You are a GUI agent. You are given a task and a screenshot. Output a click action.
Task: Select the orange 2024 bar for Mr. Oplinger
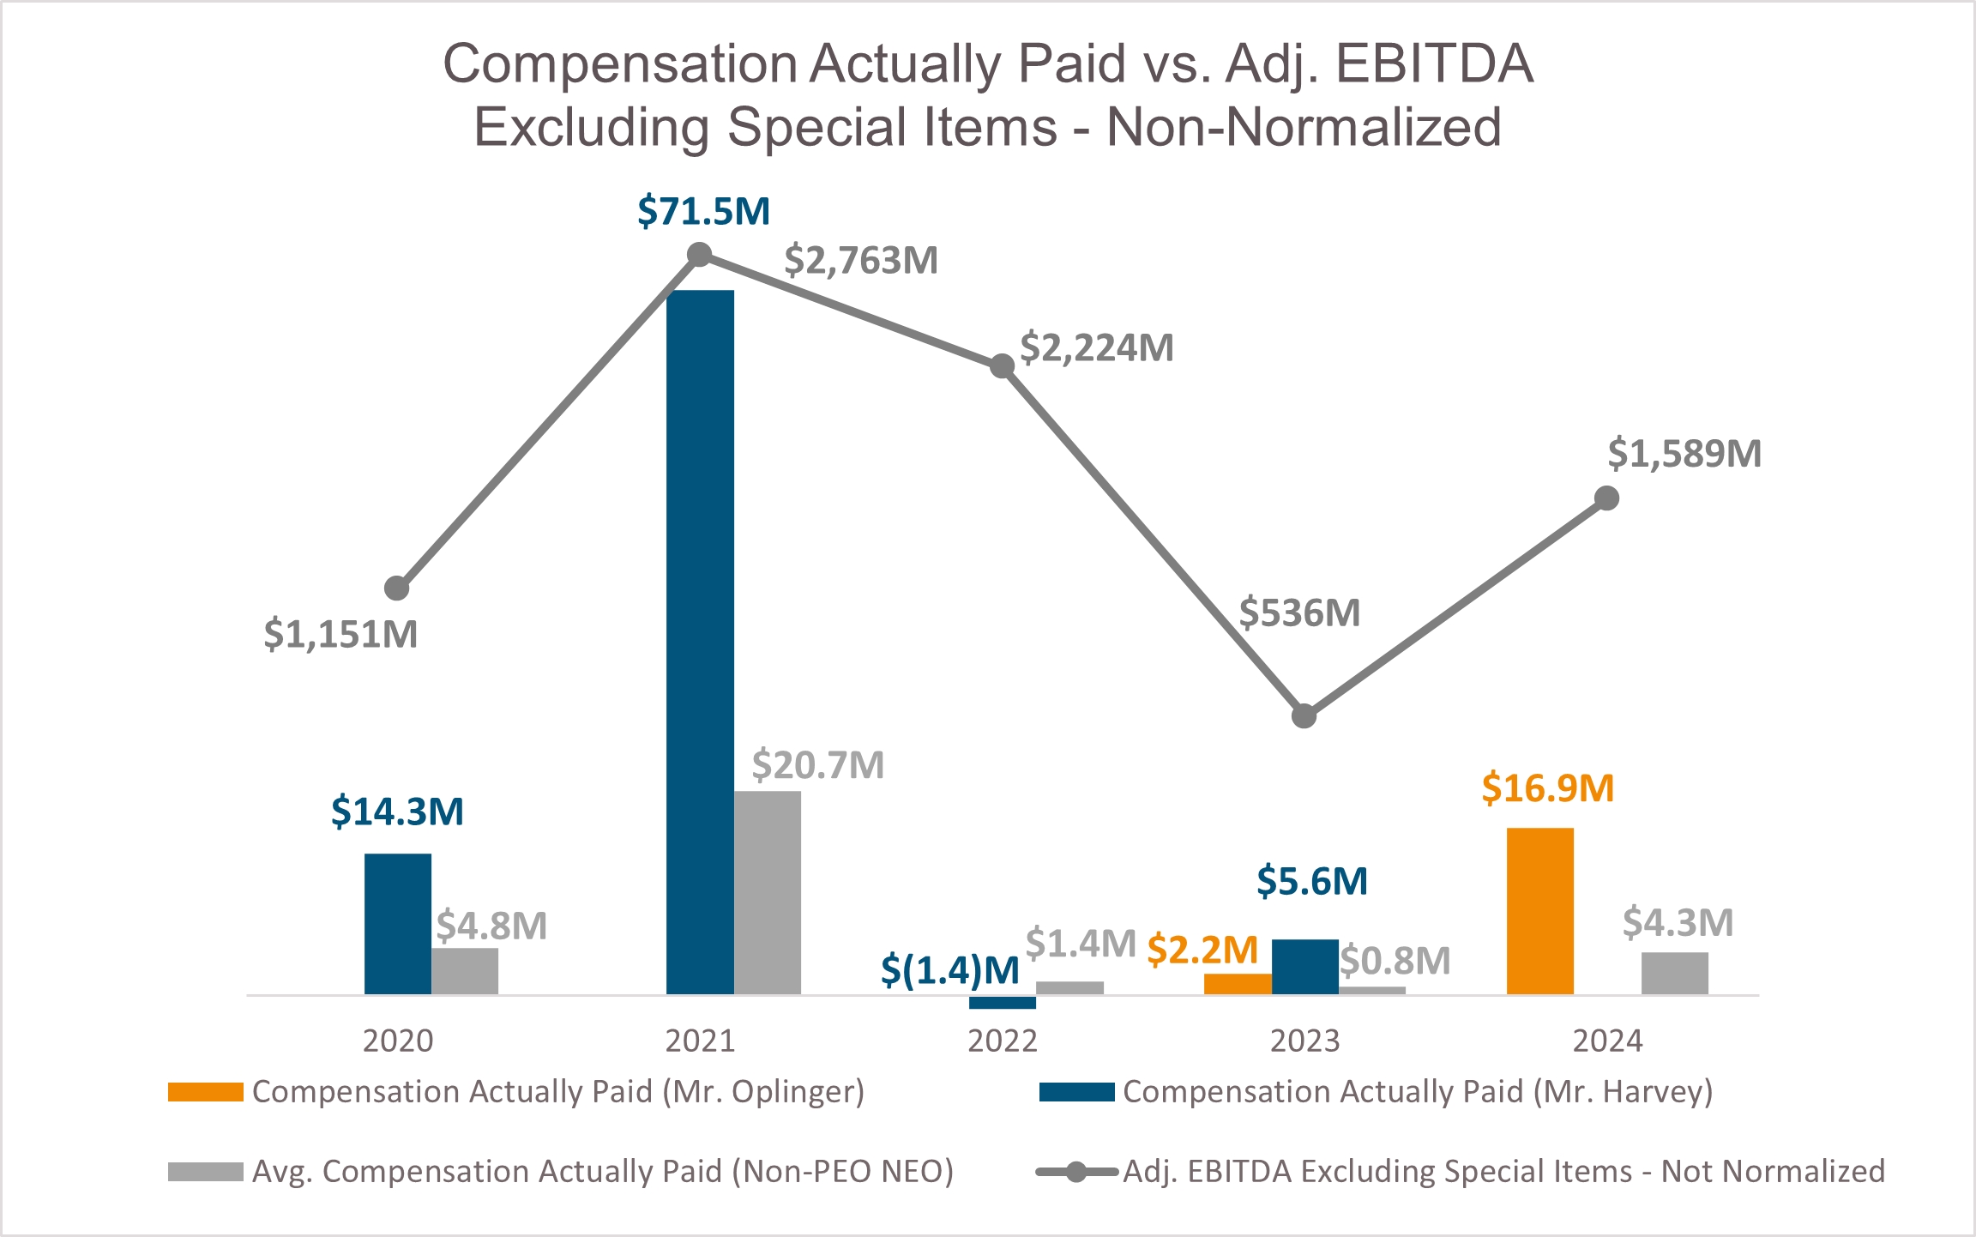click(x=1539, y=911)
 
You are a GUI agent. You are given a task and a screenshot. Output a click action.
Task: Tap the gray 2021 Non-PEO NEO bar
click(x=768, y=892)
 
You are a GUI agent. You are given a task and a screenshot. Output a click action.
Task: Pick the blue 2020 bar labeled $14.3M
click(x=397, y=924)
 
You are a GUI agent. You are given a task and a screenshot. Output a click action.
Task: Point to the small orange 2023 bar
click(x=1238, y=984)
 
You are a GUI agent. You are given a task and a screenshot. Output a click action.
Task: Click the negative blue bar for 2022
click(x=1002, y=1002)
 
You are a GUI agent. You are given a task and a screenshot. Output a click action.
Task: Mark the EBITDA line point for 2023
click(x=1304, y=715)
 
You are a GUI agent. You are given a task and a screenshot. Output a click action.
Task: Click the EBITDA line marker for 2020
click(x=396, y=588)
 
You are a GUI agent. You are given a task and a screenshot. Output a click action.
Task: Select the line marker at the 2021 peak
click(x=700, y=255)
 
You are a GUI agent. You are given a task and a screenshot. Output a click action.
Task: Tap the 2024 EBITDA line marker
click(x=1606, y=498)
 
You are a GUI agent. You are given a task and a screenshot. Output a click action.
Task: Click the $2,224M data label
click(x=1096, y=348)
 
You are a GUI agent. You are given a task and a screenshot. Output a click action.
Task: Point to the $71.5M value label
click(x=703, y=211)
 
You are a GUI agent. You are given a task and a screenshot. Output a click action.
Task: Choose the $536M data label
click(x=1299, y=613)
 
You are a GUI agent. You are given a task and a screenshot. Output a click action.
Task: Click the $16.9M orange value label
click(x=1547, y=788)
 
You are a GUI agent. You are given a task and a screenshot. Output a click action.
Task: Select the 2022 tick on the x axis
click(x=1002, y=1041)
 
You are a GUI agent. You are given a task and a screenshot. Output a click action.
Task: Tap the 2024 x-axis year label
click(x=1606, y=1041)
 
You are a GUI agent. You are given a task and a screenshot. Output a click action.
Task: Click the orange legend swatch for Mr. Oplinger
click(x=206, y=1092)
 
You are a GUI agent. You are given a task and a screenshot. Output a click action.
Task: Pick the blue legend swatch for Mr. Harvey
click(x=1076, y=1092)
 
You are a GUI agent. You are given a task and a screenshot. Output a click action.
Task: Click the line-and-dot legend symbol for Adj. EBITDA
click(x=1076, y=1171)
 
